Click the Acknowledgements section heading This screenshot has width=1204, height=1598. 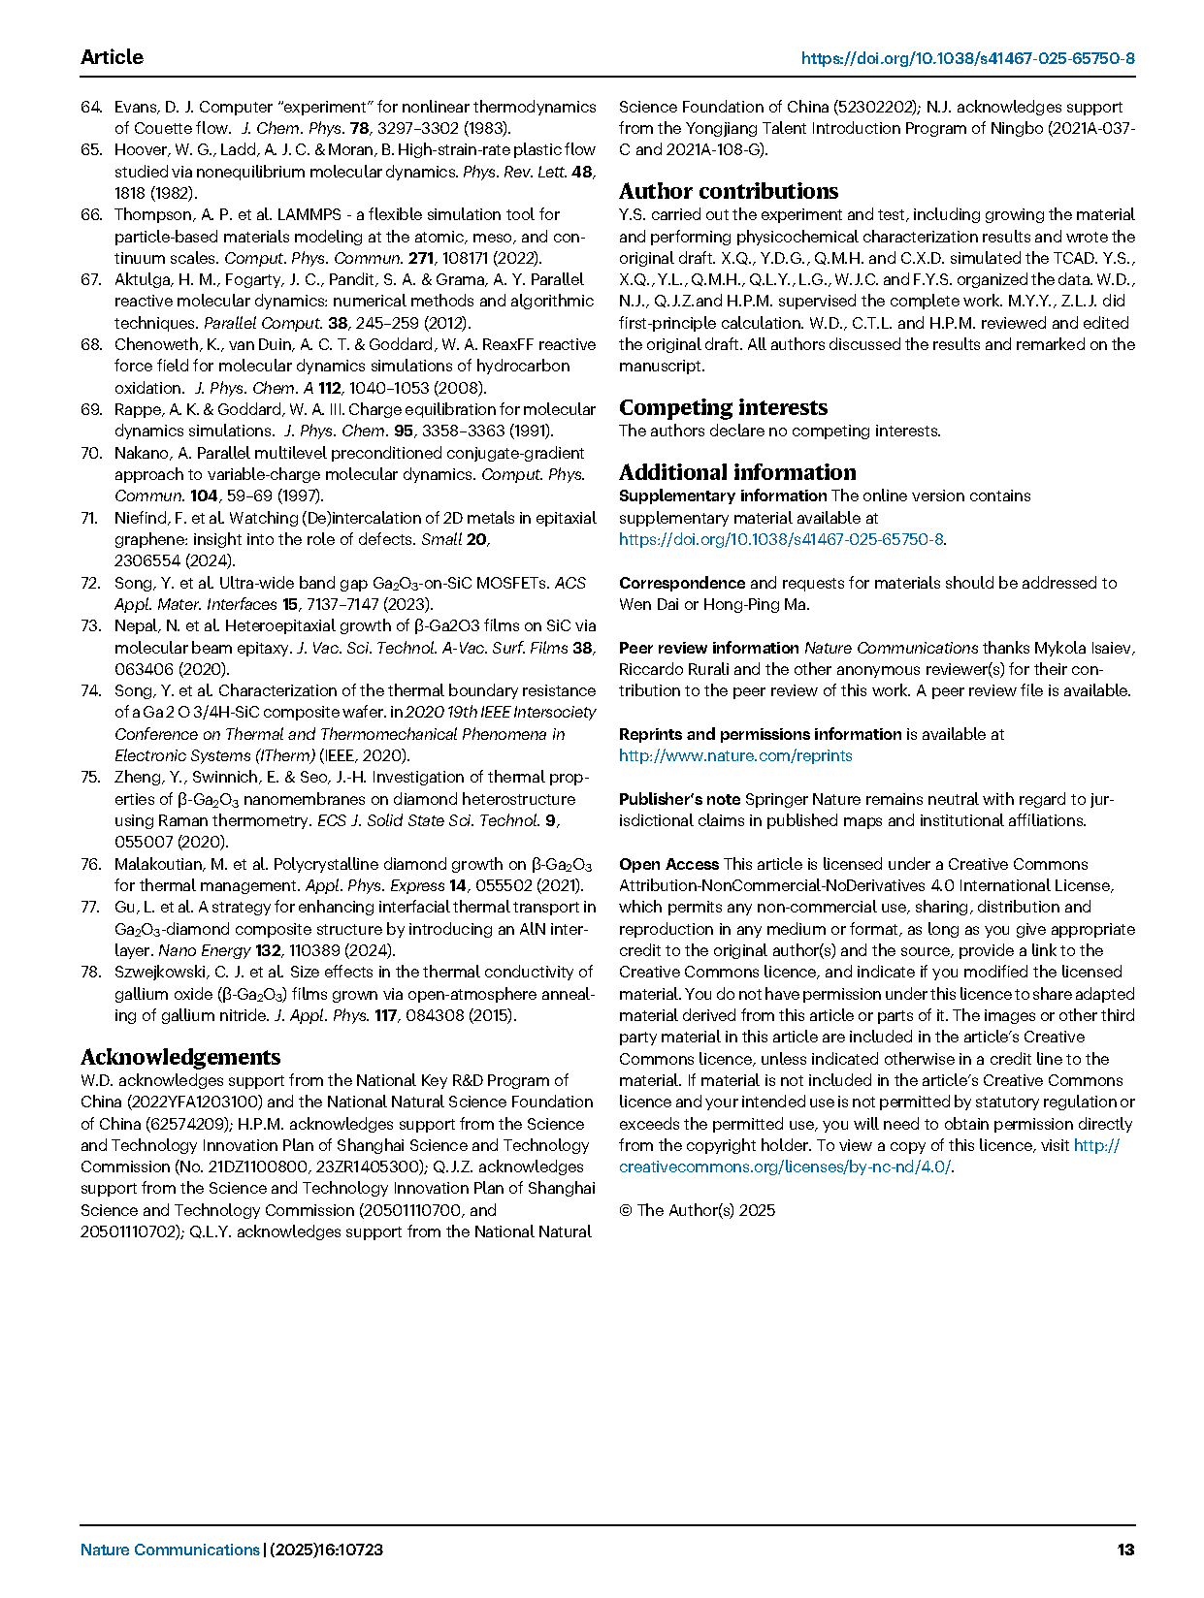point(180,1057)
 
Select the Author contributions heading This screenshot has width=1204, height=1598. point(729,191)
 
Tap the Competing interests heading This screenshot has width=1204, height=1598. point(723,407)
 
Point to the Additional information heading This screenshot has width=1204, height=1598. point(737,472)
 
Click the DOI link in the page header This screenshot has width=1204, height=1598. point(967,58)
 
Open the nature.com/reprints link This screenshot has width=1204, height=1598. point(735,755)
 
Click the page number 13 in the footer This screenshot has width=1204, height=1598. point(1125,1550)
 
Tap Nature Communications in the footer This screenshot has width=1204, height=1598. point(170,1550)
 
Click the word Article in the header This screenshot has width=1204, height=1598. point(112,57)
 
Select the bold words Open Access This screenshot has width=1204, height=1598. point(668,864)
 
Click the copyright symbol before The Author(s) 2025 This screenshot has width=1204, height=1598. point(626,1210)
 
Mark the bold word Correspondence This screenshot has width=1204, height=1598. point(682,583)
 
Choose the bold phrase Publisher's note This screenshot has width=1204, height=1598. point(679,799)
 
